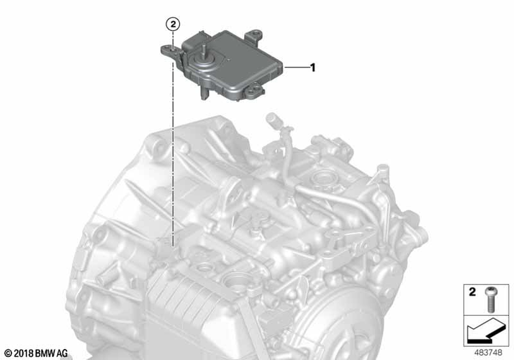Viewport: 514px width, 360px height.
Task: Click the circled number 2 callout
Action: pos(173,24)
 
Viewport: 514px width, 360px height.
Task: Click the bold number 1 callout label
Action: pos(313,67)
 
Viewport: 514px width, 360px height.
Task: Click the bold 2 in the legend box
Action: pos(472,292)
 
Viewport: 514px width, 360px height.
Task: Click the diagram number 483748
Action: pos(488,353)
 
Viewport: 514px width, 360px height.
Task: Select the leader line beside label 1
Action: pos(297,67)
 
